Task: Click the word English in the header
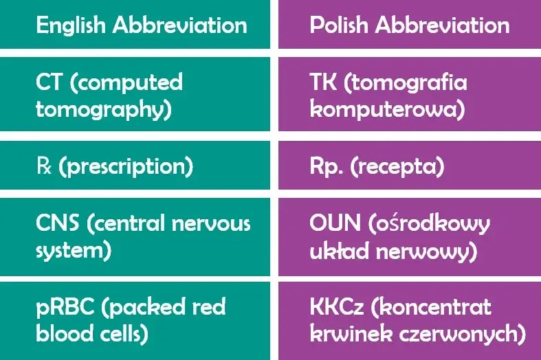point(70,26)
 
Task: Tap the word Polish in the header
point(339,25)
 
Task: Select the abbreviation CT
point(49,82)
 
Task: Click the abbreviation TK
point(323,82)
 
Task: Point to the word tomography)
point(104,110)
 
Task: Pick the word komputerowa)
point(387,109)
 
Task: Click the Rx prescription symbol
point(44,166)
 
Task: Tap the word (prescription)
point(126,167)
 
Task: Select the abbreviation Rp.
point(326,166)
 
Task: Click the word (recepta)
point(397,167)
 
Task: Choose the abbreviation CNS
point(57,223)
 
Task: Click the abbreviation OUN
point(335,223)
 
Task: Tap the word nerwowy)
point(426,251)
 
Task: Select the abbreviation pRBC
point(65,307)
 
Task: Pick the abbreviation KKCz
point(337,306)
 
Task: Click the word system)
point(74,251)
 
